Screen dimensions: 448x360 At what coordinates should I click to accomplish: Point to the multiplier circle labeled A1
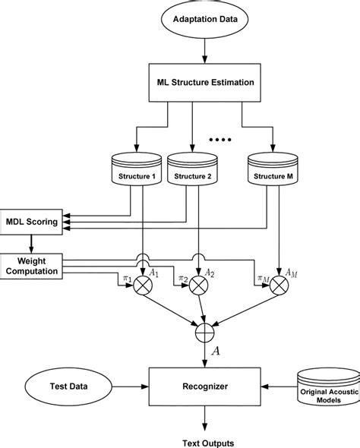144,286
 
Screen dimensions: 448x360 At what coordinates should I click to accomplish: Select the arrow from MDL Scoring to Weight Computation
31,243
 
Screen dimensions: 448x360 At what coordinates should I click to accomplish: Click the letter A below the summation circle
215,352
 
